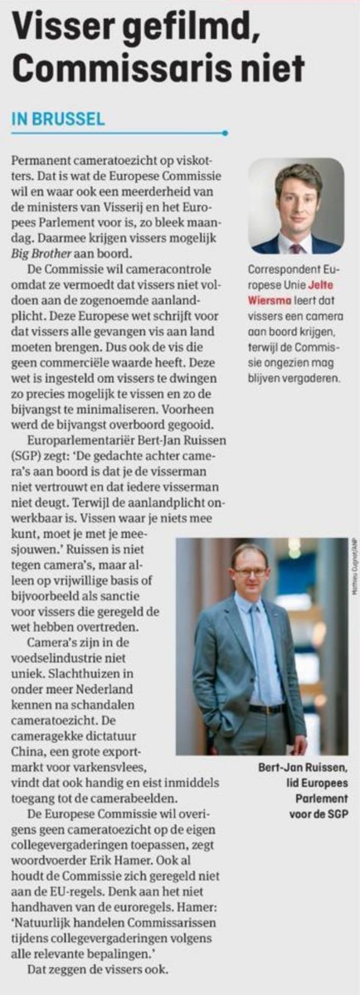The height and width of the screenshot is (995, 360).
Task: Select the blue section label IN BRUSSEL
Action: click(58, 119)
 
